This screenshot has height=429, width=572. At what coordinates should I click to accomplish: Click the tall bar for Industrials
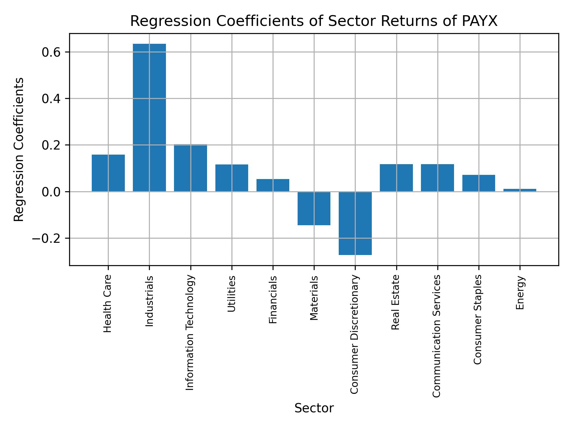pos(149,118)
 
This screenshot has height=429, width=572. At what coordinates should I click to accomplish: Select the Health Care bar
pos(108,173)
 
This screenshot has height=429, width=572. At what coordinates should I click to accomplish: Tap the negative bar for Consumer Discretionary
pos(355,223)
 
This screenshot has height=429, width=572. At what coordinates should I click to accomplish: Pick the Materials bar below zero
pos(314,208)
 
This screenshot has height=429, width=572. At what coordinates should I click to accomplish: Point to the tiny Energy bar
pos(520,190)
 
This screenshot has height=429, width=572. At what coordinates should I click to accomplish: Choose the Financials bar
pos(273,185)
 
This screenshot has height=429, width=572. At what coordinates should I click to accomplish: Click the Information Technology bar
pos(190,168)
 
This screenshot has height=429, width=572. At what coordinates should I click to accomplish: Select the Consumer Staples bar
pos(479,183)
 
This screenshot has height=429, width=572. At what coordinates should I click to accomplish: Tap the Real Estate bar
pos(396,178)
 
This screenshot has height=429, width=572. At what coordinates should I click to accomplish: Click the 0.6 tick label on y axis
pos(51,52)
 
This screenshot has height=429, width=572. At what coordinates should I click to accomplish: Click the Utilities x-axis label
pos(232,294)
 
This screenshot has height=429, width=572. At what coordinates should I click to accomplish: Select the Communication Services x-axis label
pos(436,336)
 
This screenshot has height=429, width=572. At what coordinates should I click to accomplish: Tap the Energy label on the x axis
pos(520,293)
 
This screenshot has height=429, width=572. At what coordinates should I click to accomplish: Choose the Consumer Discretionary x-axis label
pos(354,334)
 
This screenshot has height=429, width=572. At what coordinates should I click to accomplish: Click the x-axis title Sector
pos(314,408)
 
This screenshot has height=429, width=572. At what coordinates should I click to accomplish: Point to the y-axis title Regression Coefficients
pos(19,150)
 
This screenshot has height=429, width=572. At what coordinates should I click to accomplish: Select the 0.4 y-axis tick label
pos(51,99)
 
